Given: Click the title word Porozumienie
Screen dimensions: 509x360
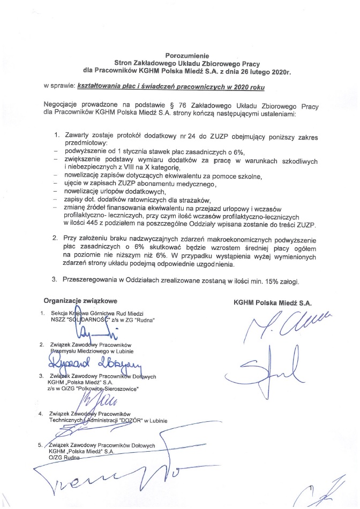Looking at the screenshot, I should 179,55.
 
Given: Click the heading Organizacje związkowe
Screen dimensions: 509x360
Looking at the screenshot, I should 80,301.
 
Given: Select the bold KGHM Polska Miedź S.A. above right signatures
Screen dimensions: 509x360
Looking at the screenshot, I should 273,302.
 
